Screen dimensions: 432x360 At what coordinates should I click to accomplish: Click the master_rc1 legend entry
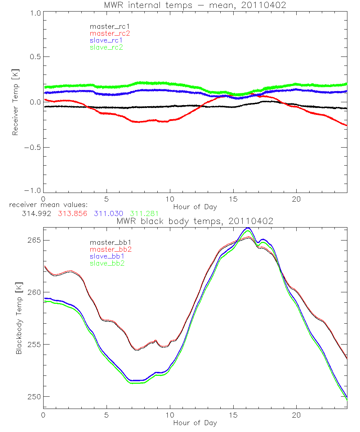(106, 26)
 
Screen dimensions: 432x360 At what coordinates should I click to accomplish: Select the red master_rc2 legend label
(110, 33)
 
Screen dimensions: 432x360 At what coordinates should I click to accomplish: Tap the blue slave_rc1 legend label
(106, 40)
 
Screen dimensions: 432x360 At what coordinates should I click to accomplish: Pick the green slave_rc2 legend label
(106, 47)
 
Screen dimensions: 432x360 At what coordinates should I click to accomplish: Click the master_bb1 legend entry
(108, 242)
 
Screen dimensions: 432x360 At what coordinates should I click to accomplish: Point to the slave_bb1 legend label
(108, 256)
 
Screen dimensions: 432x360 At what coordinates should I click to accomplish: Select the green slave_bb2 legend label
(108, 263)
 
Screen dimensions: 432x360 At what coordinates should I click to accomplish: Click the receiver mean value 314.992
(36, 213)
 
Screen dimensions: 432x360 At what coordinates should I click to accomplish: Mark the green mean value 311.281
(144, 213)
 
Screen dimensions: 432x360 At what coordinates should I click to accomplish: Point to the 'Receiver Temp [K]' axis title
(15, 102)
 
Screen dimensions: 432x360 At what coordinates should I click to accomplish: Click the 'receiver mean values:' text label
(51, 205)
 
